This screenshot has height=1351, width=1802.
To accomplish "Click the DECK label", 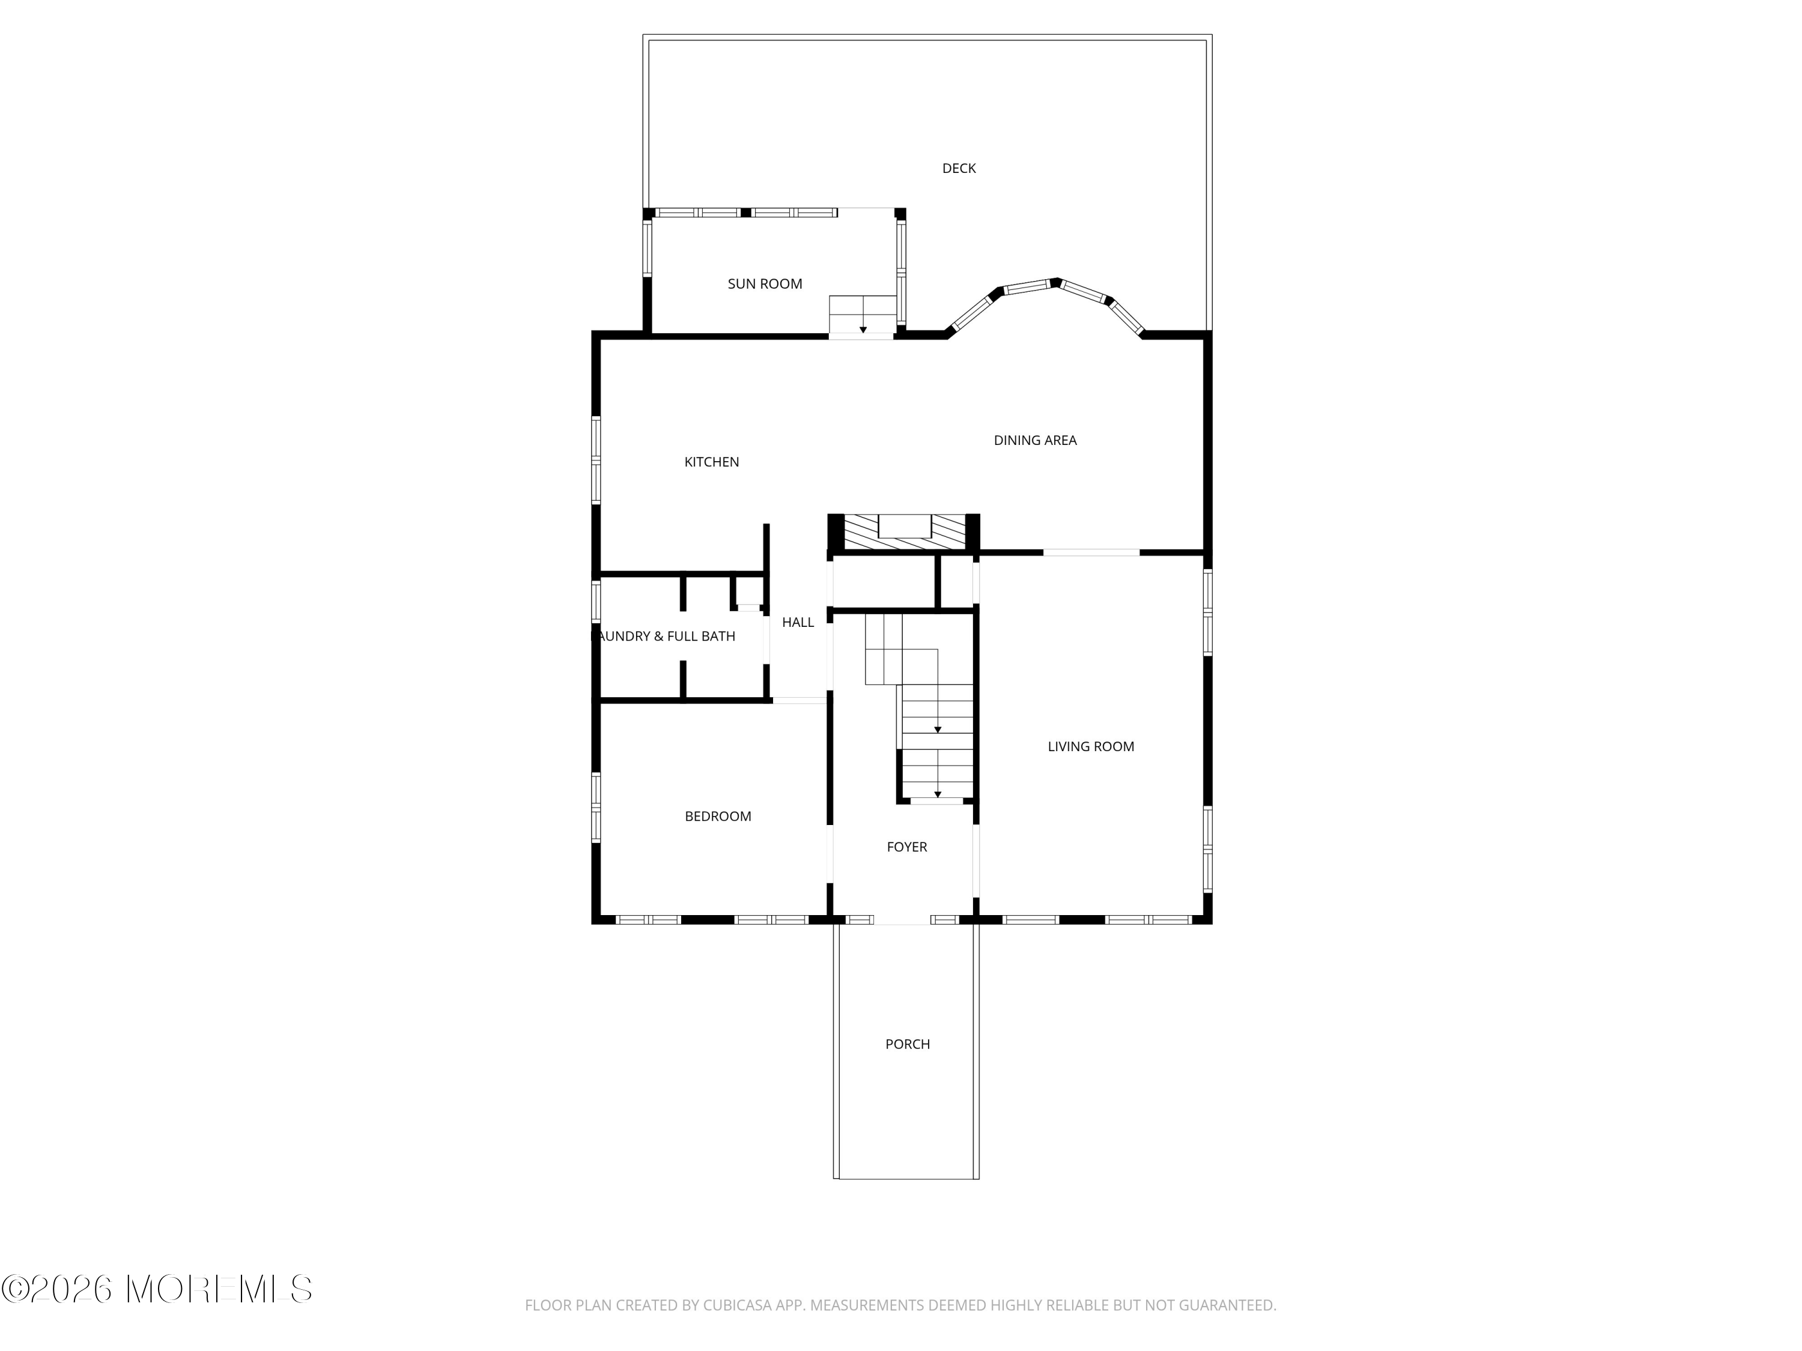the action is (959, 169).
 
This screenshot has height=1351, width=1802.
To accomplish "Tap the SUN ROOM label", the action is (765, 284).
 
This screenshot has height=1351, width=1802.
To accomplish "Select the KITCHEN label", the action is (712, 462).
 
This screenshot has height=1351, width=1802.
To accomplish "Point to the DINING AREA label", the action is (1036, 441).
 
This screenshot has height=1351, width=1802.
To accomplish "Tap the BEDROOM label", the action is (718, 817).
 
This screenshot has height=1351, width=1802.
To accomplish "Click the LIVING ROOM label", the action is (1091, 747).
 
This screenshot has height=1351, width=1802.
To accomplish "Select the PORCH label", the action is (908, 1045).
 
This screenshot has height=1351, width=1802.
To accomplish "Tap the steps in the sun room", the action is (863, 315).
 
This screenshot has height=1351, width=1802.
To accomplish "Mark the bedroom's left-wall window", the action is (595, 807).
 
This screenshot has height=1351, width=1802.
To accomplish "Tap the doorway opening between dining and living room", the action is (1091, 553).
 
